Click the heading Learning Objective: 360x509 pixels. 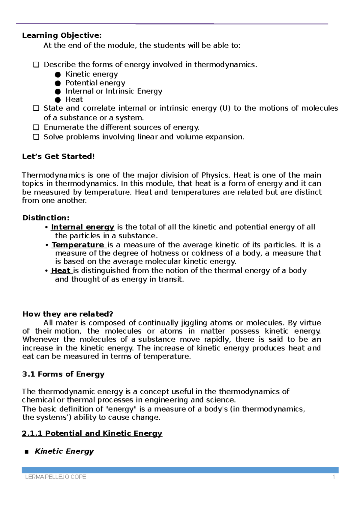click(62, 36)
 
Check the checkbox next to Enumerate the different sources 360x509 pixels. click(36, 127)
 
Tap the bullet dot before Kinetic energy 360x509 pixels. click(58, 74)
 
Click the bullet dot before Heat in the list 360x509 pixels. click(58, 100)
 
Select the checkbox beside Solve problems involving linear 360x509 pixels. click(36, 137)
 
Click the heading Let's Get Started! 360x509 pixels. click(58, 156)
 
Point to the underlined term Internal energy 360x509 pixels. click(82, 227)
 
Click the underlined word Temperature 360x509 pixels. click(78, 245)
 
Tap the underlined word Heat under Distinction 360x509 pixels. click(61, 271)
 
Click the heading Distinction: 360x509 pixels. click(46, 218)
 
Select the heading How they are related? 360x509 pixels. click(68, 314)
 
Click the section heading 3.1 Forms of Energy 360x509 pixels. click(63, 374)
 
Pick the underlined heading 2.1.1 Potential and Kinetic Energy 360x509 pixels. click(92, 433)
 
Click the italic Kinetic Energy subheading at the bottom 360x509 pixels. click(64, 451)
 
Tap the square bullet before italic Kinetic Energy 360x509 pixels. click(27, 452)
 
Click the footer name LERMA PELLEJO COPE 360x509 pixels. click(55, 477)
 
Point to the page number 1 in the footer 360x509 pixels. click(334, 477)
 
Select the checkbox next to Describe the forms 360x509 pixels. click(36, 65)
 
